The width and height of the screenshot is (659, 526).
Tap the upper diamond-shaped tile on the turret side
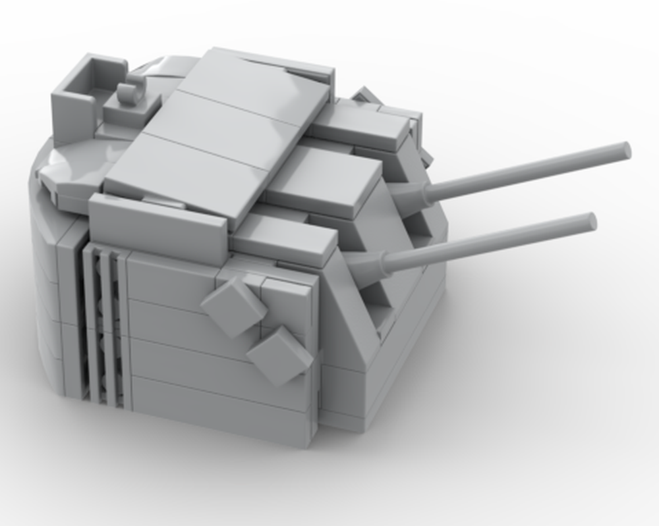(x=234, y=306)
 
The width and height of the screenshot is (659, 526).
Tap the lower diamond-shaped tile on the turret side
(x=279, y=355)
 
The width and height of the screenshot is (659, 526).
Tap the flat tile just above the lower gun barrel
(x=283, y=237)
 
